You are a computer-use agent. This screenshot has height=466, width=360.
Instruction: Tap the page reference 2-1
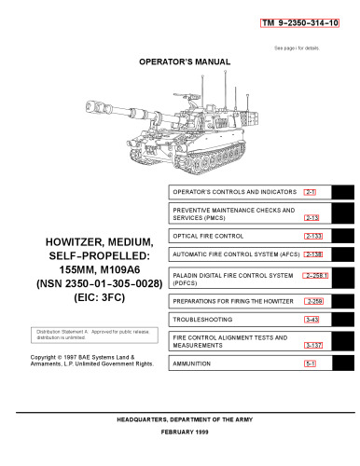[x=312, y=191]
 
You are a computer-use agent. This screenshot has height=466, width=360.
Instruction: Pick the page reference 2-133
[x=313, y=236]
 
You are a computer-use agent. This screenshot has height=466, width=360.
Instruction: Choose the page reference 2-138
[x=313, y=254]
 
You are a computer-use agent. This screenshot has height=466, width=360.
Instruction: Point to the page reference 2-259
[x=313, y=301]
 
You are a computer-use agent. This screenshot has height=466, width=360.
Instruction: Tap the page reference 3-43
[x=312, y=320]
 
